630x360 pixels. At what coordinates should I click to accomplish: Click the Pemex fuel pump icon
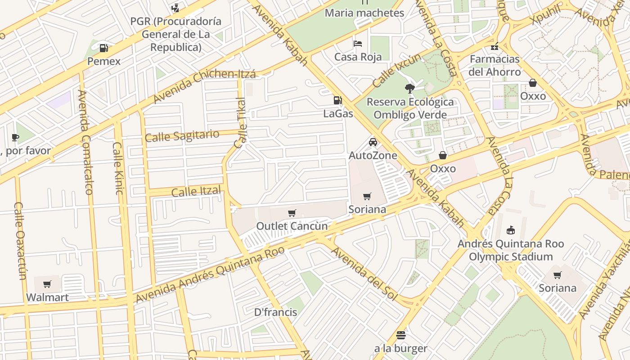pyautogui.click(x=103, y=48)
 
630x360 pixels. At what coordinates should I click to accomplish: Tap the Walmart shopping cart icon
pyautogui.click(x=47, y=284)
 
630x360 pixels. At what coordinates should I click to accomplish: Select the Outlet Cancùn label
pyautogui.click(x=292, y=226)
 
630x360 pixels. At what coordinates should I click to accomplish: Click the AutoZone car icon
pyautogui.click(x=373, y=142)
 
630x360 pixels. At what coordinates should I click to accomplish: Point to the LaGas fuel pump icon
pyautogui.click(x=337, y=100)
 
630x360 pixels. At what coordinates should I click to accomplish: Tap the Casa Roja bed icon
pyautogui.click(x=358, y=44)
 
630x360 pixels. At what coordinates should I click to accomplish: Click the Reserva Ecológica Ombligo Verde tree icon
pyautogui.click(x=409, y=88)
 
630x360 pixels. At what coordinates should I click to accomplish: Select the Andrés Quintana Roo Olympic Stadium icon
pyautogui.click(x=510, y=230)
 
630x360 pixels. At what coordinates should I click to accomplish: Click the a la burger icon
pyautogui.click(x=400, y=335)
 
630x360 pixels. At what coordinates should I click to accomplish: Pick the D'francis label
pyautogui.click(x=275, y=312)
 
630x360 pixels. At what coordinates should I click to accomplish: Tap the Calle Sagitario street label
pyautogui.click(x=182, y=135)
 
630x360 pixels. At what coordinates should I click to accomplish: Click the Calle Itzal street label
pyautogui.click(x=196, y=192)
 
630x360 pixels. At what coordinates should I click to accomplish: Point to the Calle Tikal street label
pyautogui.click(x=241, y=123)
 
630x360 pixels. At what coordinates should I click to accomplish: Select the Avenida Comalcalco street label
pyautogui.click(x=85, y=142)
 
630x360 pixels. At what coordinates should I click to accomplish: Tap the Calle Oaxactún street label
pyautogui.click(x=21, y=240)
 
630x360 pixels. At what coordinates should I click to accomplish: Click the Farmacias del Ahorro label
pyautogui.click(x=494, y=65)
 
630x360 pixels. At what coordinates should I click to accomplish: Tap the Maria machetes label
pyautogui.click(x=364, y=13)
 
